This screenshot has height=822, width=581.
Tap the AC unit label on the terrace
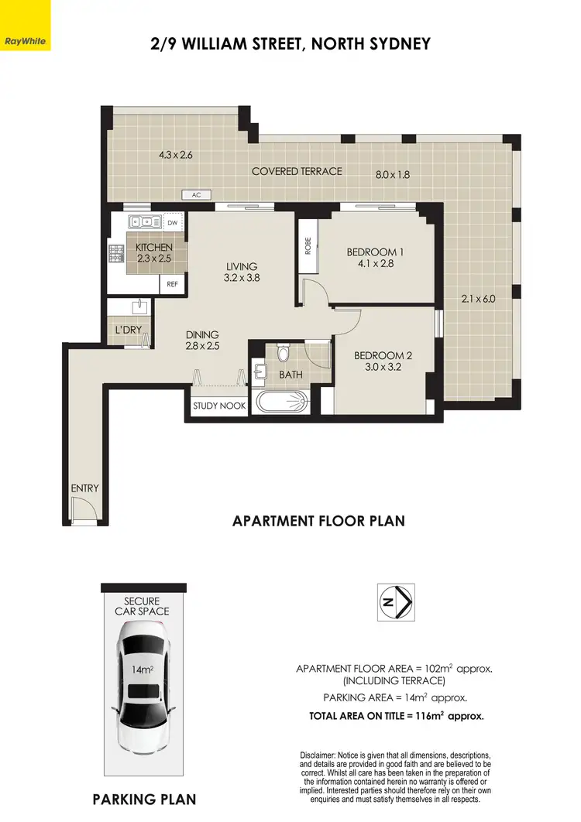coord(197,195)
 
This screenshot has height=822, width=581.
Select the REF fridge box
coord(173,284)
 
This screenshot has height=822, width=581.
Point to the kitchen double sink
coord(145,221)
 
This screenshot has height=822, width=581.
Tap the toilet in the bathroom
coord(284,354)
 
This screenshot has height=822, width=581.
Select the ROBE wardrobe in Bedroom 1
coord(308,246)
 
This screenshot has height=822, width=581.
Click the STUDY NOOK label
coord(219,406)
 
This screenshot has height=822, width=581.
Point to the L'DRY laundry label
coord(127,329)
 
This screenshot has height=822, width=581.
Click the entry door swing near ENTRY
coord(81,511)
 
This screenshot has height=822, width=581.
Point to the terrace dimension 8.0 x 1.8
coord(392,175)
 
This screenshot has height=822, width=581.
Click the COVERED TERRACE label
coord(297,171)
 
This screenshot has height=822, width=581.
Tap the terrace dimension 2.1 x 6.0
coord(477,299)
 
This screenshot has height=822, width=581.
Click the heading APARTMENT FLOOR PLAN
coord(318,521)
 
